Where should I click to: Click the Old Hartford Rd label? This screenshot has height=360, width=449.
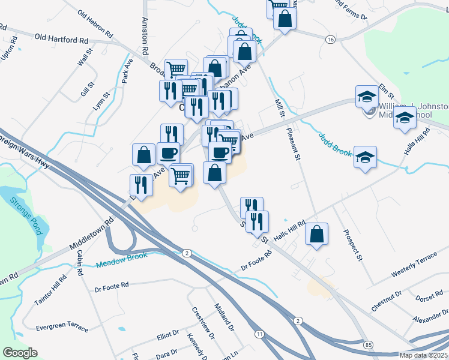coord(61,39)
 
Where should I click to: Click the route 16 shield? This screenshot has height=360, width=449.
coord(330,39)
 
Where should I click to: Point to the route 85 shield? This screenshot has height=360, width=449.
coord(367,344)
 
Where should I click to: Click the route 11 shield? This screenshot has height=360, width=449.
coord(259,334)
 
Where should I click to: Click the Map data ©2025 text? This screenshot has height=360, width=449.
coord(423,355)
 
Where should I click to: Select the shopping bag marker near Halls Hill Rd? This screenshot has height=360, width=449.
coord(317,235)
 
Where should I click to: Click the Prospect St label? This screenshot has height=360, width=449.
coord(352,245)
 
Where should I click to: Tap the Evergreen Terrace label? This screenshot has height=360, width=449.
coord(62,328)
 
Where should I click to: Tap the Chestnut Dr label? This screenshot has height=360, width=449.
coord(386,301)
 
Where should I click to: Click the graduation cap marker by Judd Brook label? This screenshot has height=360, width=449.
coord(365,158)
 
